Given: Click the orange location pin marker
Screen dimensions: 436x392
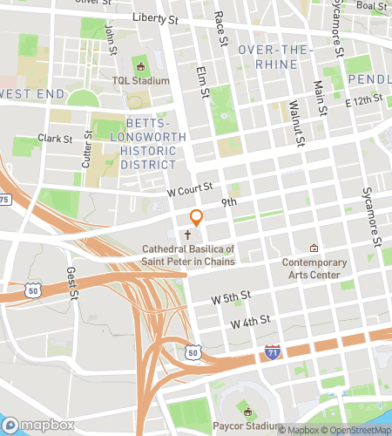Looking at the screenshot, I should pos(197,218).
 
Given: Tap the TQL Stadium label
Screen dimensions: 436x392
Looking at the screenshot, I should pos(139,81).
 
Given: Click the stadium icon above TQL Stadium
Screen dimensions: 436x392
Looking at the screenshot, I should pos(139,66).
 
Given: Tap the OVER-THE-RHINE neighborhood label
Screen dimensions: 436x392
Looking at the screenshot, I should pos(274,57).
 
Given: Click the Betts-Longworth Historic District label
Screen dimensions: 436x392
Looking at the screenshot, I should pos(149,143).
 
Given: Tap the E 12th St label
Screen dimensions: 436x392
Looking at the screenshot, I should pos(364,102).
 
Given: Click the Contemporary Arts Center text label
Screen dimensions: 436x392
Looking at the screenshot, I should pos(314,269).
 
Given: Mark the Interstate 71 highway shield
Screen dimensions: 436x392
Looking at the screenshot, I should pos(273,351).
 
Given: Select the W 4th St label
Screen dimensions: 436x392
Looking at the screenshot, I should pos(251,324).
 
